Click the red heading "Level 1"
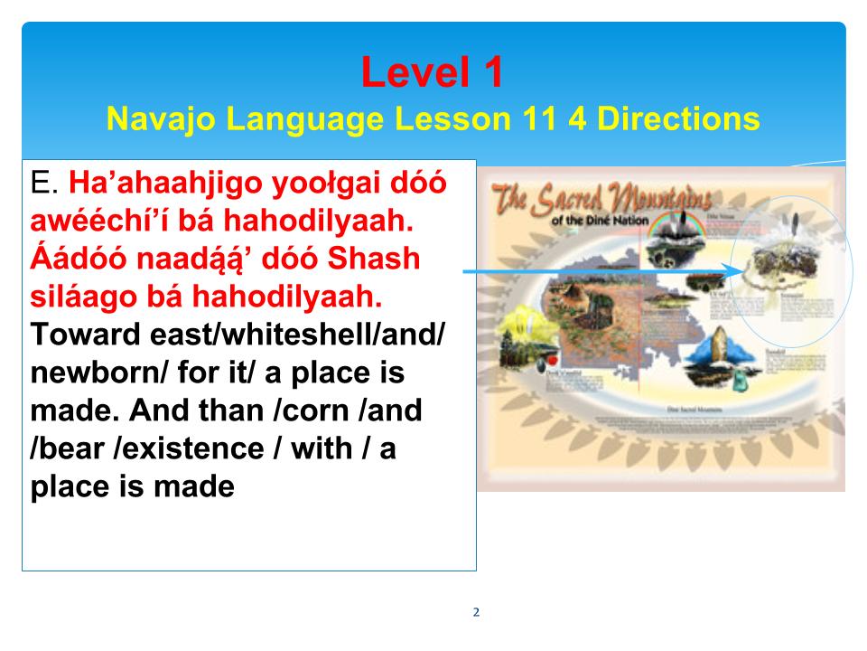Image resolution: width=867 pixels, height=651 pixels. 432,72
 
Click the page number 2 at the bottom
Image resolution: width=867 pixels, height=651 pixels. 476,612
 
